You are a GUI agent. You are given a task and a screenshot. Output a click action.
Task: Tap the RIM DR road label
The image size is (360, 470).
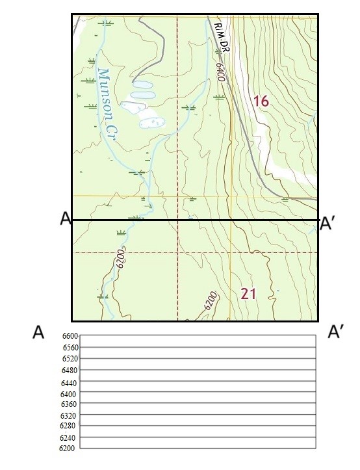(x=222, y=36)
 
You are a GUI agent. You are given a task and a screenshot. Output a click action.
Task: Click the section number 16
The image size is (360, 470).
(x=261, y=101)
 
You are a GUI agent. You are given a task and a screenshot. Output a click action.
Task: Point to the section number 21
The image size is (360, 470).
(x=248, y=294)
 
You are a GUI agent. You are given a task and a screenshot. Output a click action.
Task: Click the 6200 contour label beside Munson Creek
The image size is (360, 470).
(x=119, y=261)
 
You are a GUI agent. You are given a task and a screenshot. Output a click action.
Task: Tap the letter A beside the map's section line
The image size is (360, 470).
(x=64, y=219)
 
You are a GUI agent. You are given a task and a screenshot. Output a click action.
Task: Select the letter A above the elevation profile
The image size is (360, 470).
(x=38, y=333)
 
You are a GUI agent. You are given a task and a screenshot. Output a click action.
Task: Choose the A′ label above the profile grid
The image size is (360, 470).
(x=335, y=333)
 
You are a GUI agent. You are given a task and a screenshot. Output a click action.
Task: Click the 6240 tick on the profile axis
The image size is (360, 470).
(x=68, y=437)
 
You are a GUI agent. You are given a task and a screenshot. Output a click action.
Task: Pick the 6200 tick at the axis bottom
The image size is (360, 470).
(x=67, y=448)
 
